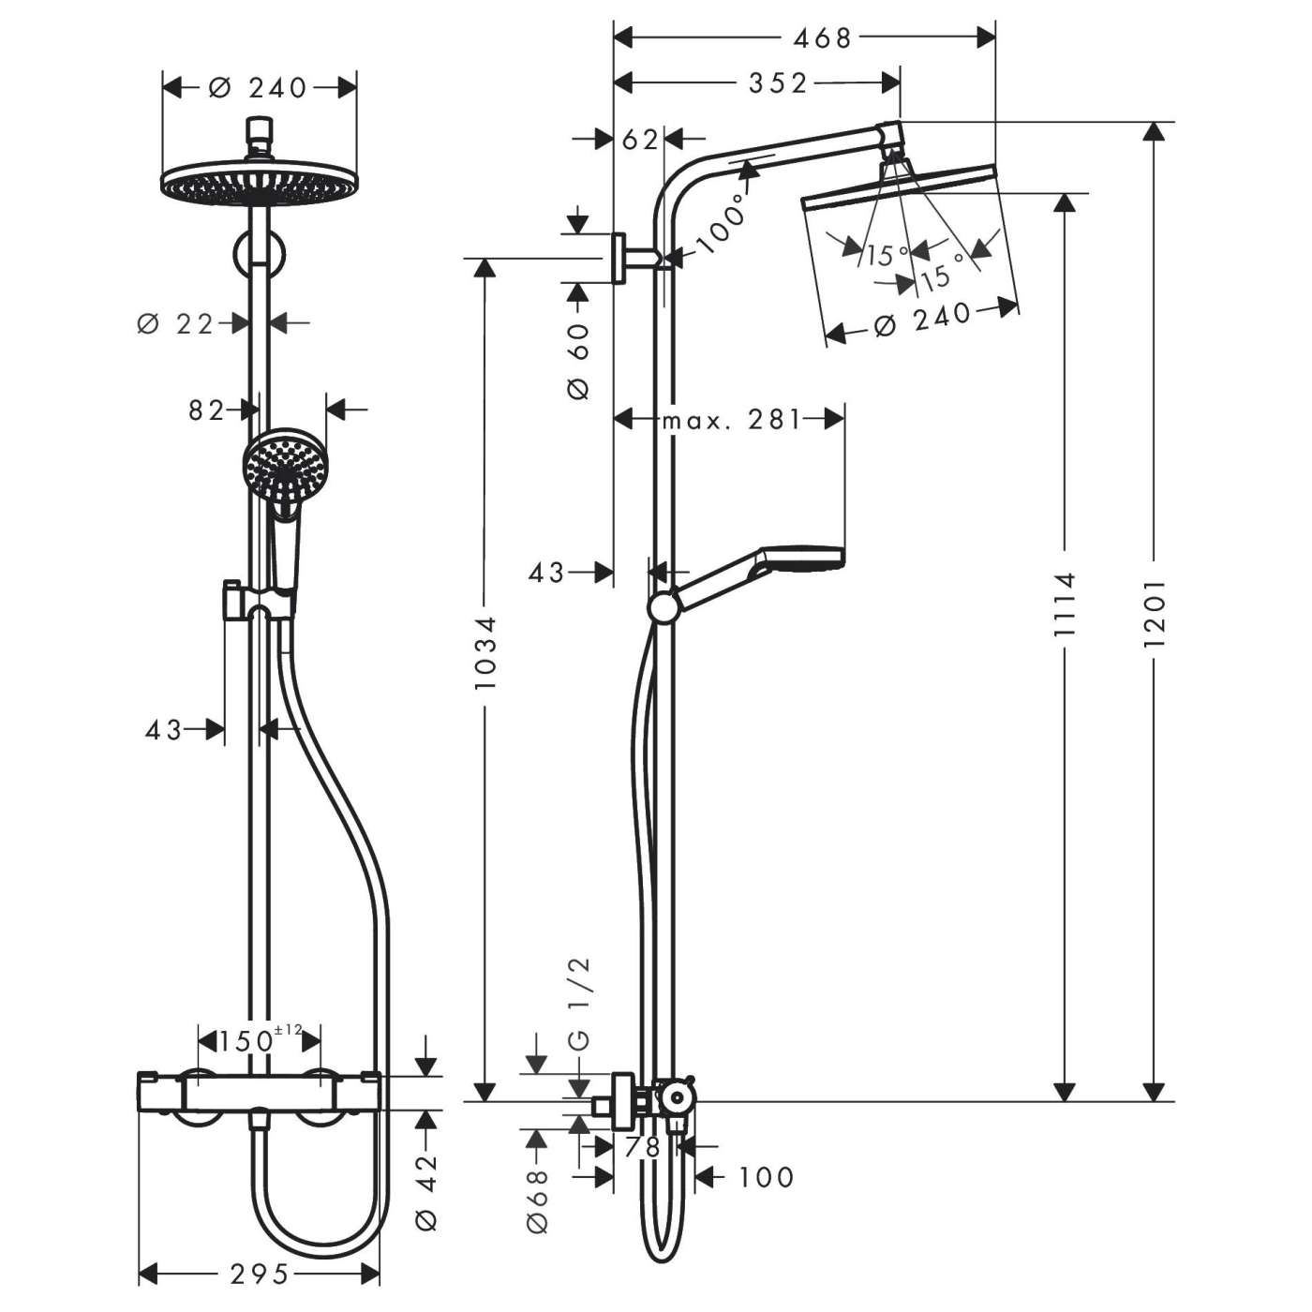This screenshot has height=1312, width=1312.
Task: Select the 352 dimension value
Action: [778, 84]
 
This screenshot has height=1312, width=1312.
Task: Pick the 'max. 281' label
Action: [732, 420]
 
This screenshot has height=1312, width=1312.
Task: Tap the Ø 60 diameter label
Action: [578, 362]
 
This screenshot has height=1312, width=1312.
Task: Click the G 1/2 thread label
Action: [579, 1004]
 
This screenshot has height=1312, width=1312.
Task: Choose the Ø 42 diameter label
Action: [426, 1190]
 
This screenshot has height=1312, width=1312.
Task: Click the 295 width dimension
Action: [259, 1274]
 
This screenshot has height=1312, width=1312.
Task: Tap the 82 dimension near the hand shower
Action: [206, 410]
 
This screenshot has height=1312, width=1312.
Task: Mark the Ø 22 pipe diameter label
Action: [176, 323]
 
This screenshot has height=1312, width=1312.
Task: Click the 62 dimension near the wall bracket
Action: [640, 140]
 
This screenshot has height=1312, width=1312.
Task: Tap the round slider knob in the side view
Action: [663, 607]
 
